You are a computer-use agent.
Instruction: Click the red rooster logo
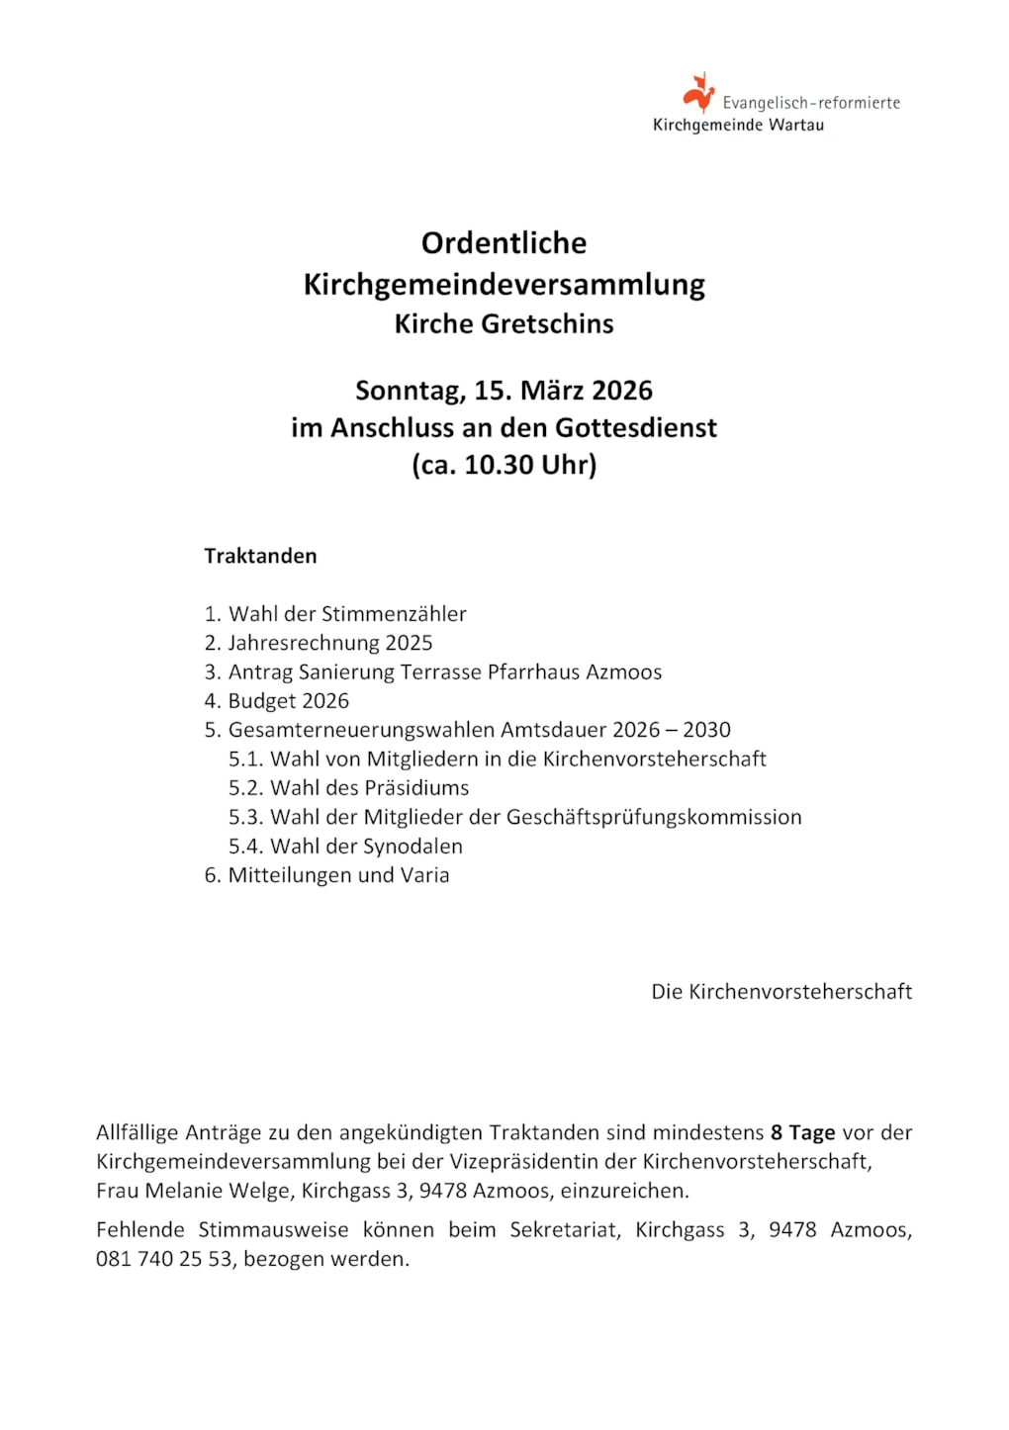pos(698,92)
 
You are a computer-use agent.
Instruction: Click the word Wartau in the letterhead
pos(796,126)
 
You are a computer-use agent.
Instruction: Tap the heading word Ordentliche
pos(504,243)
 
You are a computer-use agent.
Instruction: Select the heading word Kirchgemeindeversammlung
pos(504,285)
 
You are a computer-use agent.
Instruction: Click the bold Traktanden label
pos(260,556)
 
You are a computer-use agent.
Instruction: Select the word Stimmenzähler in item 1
pos(394,614)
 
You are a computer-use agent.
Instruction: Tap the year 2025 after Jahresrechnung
pos(409,643)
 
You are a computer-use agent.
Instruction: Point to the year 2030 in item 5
pos(706,730)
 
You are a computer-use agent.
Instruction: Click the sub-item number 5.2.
pos(246,788)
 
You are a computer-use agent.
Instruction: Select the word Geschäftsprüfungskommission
pos(654,817)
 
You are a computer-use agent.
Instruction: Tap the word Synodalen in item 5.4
pos(413,847)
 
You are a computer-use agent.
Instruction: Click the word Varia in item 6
pos(424,875)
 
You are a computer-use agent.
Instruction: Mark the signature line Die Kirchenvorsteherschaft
pos(781,992)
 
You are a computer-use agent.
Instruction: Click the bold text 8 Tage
pos(802,1132)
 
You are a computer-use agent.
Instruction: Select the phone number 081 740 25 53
pos(163,1259)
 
